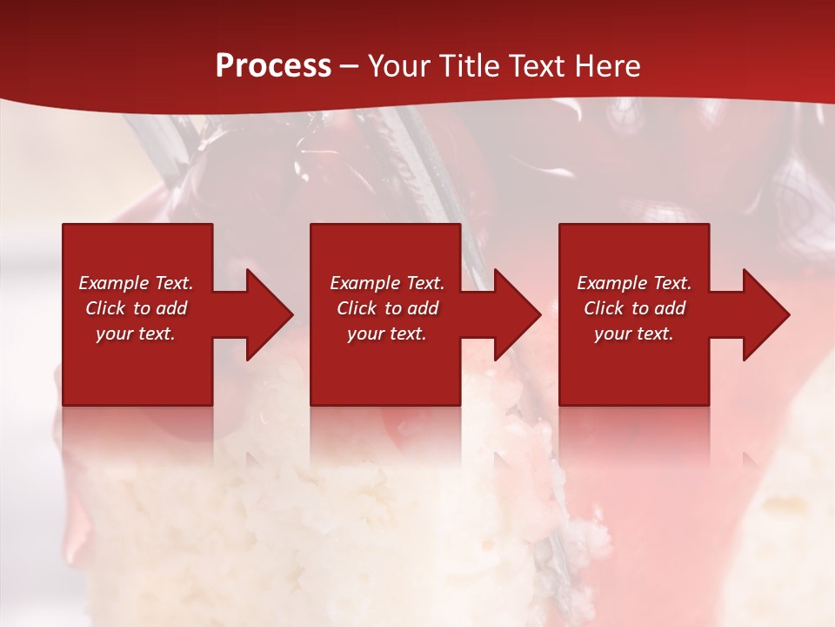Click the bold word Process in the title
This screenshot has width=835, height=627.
pos(273,66)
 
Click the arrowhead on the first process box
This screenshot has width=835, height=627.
pos(266,314)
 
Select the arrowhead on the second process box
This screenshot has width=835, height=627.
pos(514,314)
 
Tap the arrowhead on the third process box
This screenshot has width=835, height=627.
pos(763,314)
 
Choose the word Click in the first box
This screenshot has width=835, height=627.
pos(106,308)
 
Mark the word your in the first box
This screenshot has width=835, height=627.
pos(113,334)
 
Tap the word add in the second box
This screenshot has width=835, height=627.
pos(423,308)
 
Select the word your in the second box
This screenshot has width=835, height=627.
pos(364,334)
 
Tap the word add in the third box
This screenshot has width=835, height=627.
pos(670,308)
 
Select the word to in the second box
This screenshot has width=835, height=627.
pos(394,309)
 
